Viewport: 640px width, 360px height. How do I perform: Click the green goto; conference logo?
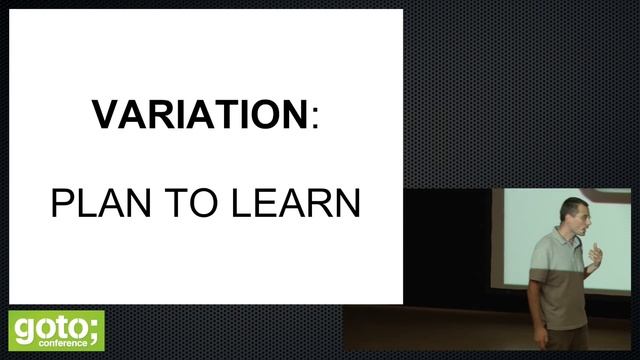(x=56, y=329)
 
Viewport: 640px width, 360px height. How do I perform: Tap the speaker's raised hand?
(x=595, y=256)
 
